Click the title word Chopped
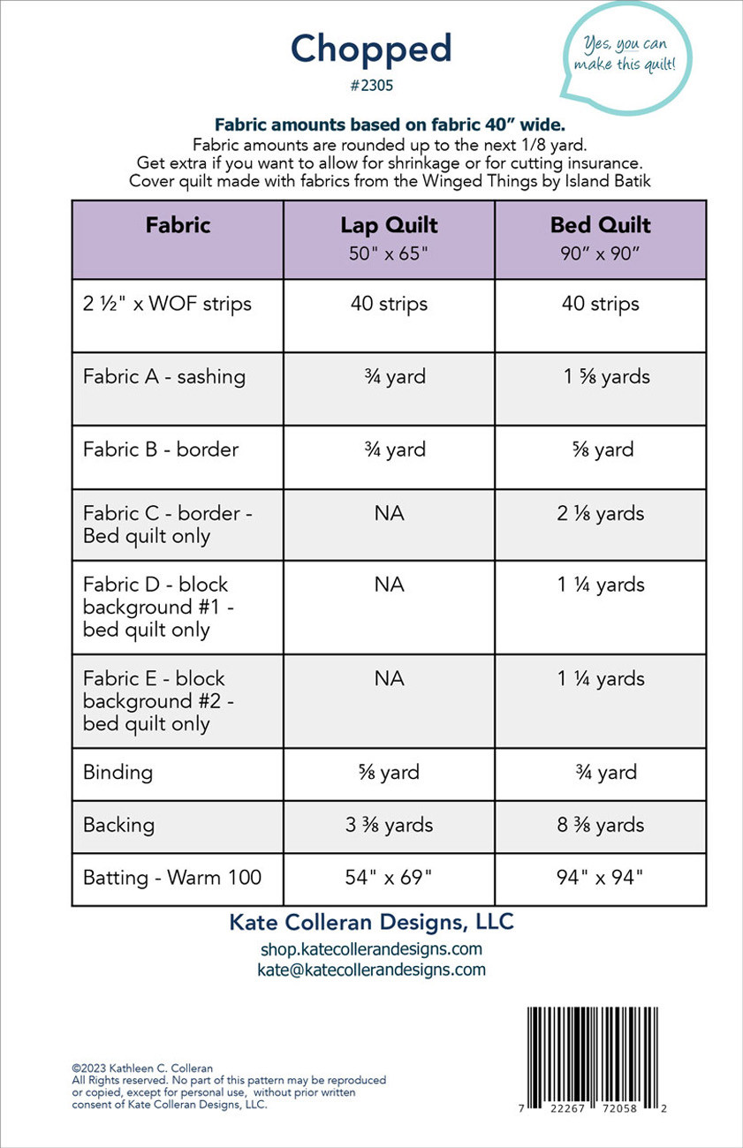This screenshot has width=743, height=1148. (x=371, y=50)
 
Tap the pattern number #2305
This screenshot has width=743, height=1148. (x=371, y=87)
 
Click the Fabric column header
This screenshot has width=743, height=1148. (x=178, y=226)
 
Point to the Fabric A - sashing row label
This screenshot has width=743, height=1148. (x=164, y=377)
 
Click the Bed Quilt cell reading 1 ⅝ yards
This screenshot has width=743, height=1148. (x=606, y=377)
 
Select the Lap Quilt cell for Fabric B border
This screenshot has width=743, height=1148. (x=389, y=449)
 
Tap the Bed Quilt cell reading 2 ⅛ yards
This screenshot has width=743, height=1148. (x=601, y=514)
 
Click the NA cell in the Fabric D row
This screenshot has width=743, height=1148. (x=389, y=585)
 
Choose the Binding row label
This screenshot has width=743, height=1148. (x=118, y=773)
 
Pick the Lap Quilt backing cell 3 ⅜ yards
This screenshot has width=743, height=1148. (x=389, y=826)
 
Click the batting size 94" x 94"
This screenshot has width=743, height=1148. (x=601, y=878)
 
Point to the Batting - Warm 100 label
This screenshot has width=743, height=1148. (x=172, y=878)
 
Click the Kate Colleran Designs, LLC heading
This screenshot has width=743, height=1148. (x=371, y=923)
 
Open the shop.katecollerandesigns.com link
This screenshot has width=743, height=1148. (x=371, y=949)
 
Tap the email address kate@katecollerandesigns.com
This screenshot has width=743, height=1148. (x=371, y=970)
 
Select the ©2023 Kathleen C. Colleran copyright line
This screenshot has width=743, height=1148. (x=142, y=1069)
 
